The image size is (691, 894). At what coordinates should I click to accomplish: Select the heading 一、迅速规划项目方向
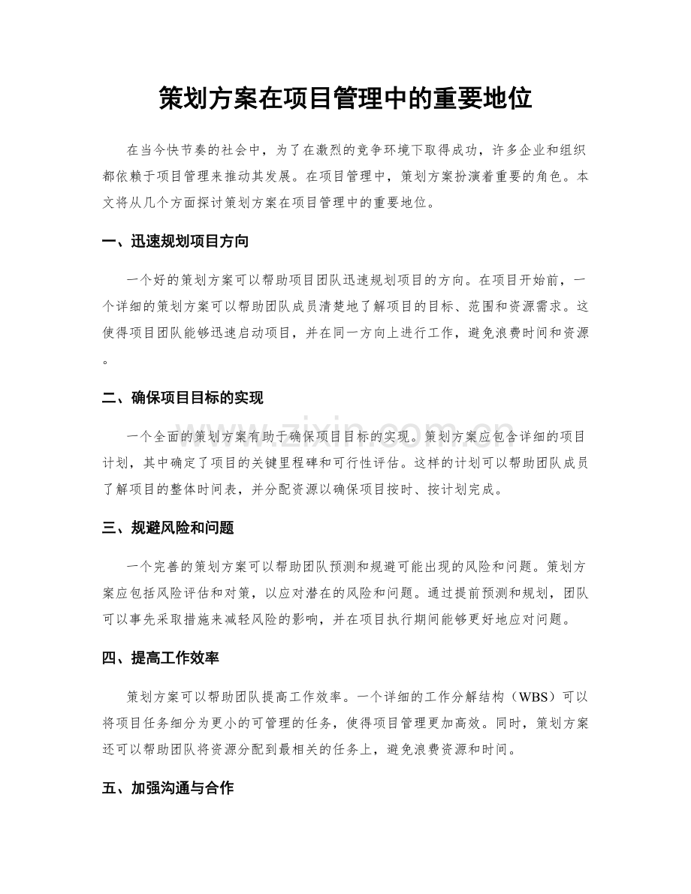pyautogui.click(x=175, y=242)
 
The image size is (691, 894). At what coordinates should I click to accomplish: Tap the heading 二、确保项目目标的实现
pyautogui.click(x=183, y=399)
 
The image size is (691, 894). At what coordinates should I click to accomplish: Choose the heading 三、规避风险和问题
pyautogui.click(x=167, y=528)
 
